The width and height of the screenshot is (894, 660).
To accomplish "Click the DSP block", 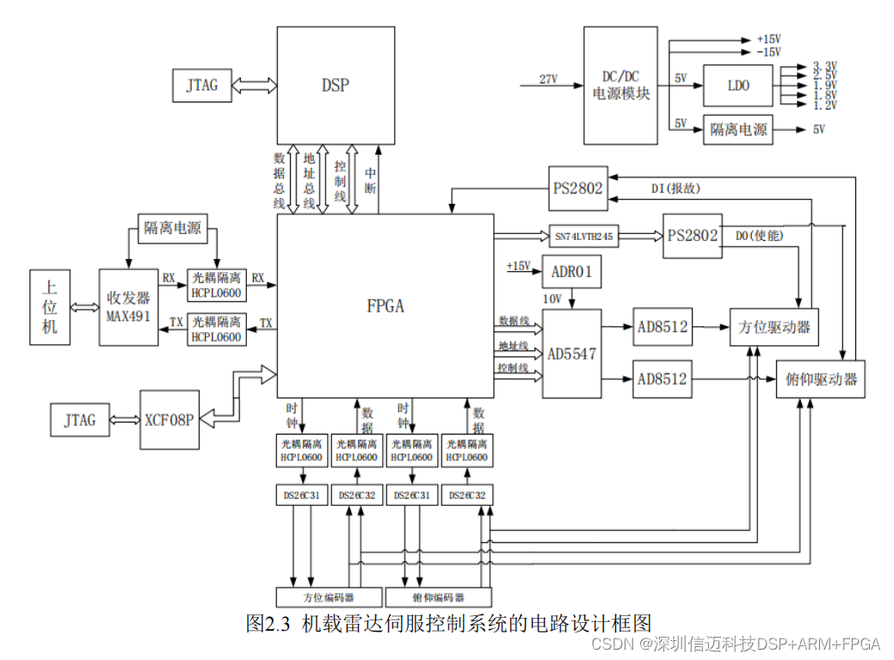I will (x=336, y=85).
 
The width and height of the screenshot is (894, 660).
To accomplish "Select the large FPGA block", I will (x=385, y=305).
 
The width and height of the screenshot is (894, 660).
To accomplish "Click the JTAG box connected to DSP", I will (x=201, y=85).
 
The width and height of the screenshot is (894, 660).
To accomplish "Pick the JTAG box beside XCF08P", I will (x=79, y=420).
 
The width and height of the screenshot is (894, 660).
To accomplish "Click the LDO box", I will (x=738, y=86).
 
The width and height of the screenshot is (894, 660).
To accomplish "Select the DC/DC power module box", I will (x=620, y=85).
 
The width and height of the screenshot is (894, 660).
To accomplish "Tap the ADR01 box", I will (x=571, y=272).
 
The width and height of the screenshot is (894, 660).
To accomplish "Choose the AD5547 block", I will (x=571, y=354).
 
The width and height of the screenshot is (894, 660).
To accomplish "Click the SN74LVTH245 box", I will (x=584, y=235).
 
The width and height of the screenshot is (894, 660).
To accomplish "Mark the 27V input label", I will (x=548, y=79).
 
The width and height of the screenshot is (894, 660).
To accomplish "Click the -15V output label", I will (x=768, y=52).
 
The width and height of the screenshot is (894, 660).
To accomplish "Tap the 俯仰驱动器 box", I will (x=821, y=379).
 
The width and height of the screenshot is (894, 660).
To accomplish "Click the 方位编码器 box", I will (x=329, y=597).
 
